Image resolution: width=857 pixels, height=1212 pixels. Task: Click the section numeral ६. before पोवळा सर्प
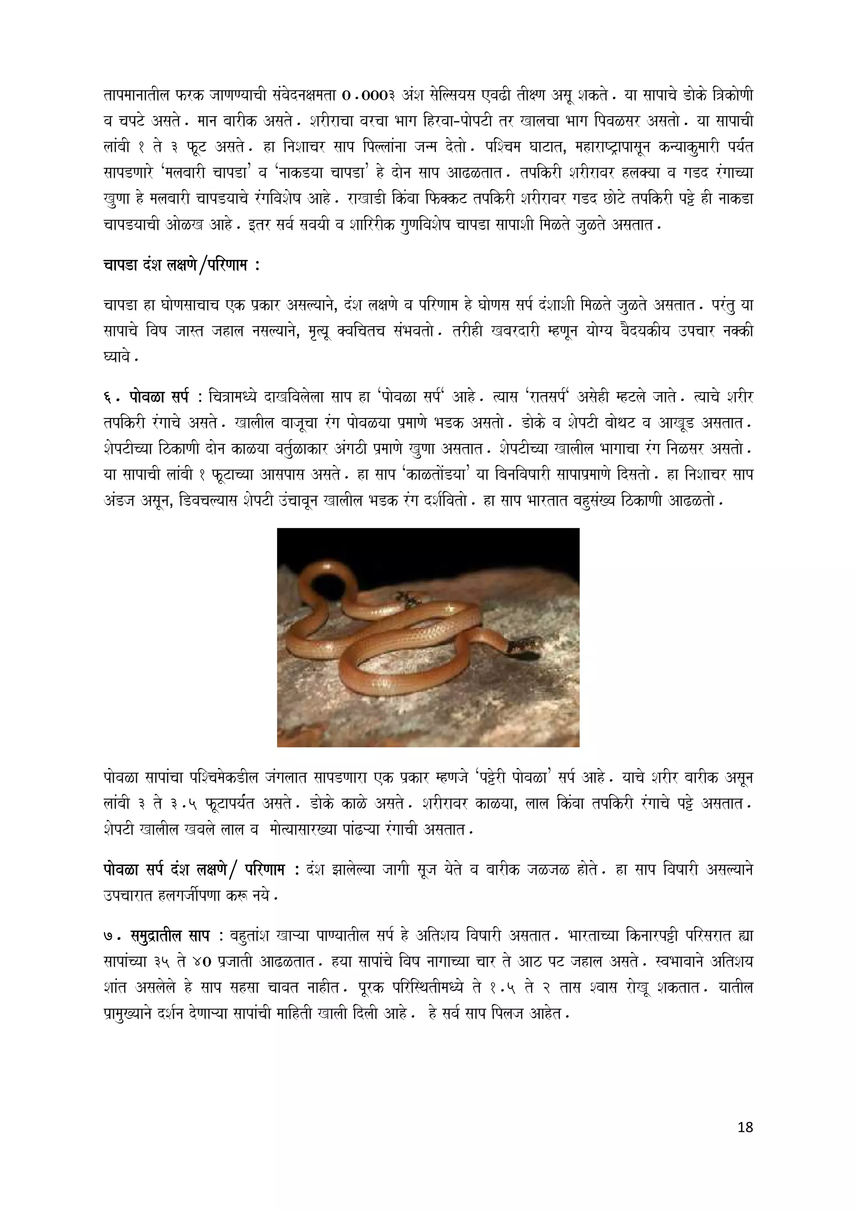pyautogui.click(x=111, y=396)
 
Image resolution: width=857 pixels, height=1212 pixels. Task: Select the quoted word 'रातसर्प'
pyautogui.click(x=554, y=396)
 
